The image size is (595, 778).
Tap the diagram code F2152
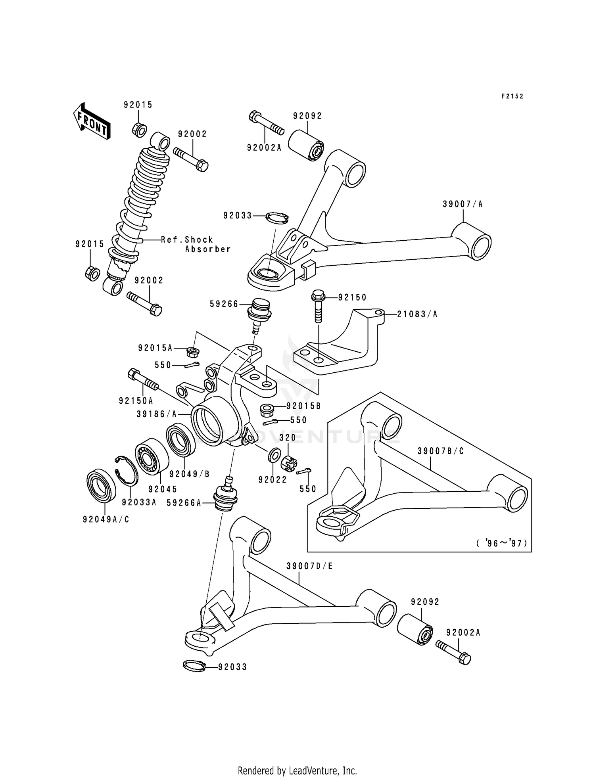(x=512, y=96)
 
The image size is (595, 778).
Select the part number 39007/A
(x=463, y=204)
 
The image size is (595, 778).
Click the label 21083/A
(x=417, y=314)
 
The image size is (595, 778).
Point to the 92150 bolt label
(x=352, y=297)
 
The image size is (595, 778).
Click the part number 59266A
(x=184, y=503)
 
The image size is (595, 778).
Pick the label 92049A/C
(x=106, y=519)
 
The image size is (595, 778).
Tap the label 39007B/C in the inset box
(x=440, y=451)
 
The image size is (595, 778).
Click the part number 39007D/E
(x=309, y=566)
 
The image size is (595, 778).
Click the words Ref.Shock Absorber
(x=196, y=244)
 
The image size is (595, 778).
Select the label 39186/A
(x=157, y=414)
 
